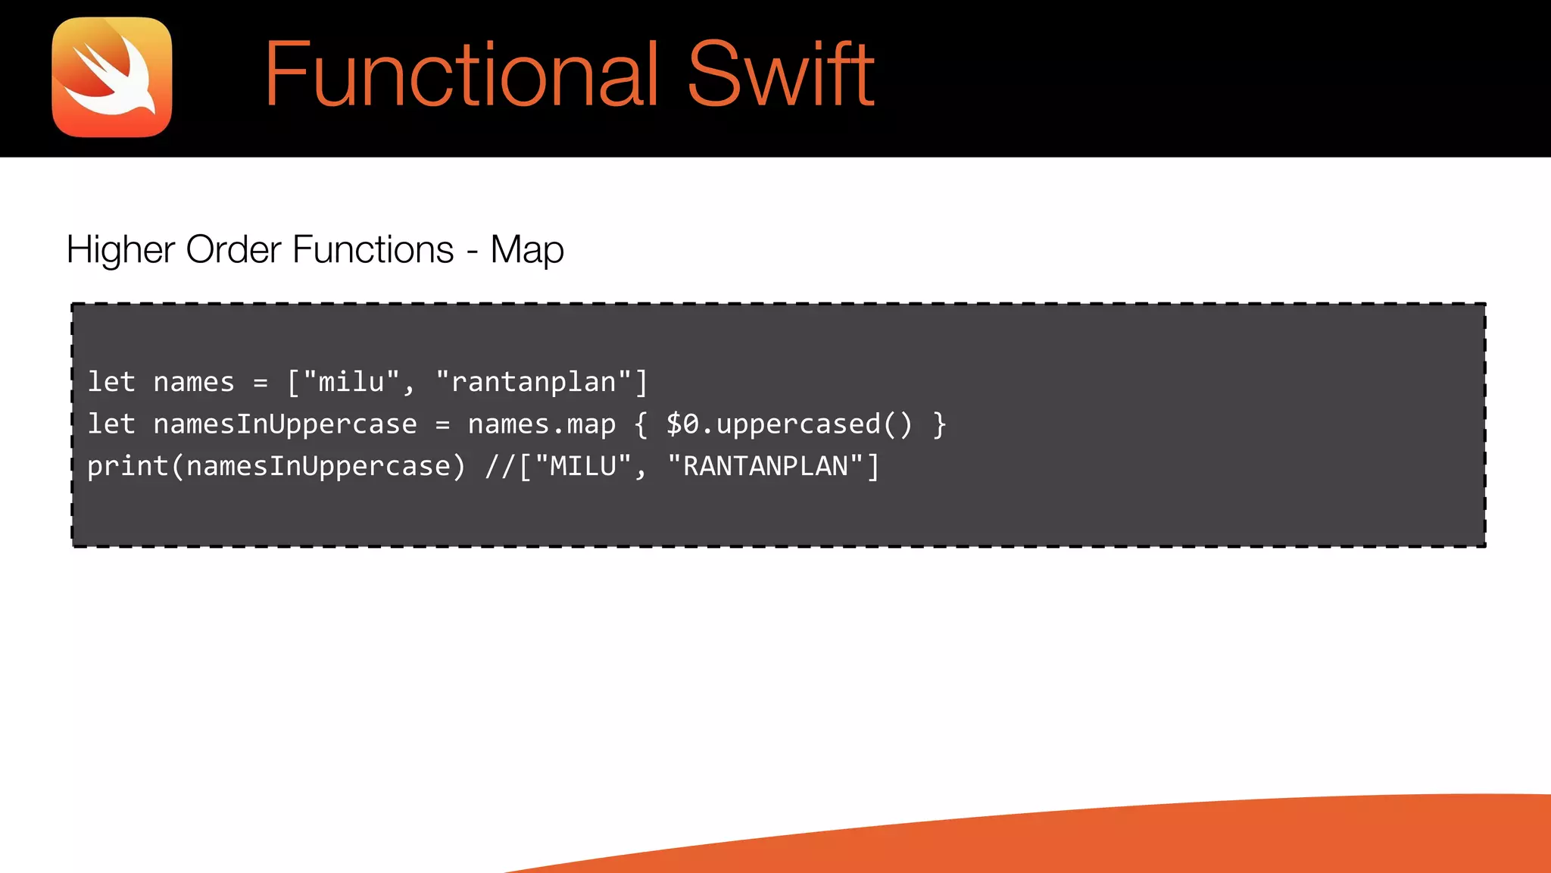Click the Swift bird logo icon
coord(112,77)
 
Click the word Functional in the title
coord(460,74)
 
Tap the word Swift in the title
coord(781,74)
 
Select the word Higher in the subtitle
coord(120,249)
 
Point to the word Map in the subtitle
coord(527,251)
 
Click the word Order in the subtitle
coord(234,249)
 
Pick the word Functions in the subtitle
coord(373,249)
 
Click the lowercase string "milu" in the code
coord(351,382)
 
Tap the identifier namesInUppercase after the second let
coord(285,424)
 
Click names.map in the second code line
coord(541,425)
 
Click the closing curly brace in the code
coord(940,425)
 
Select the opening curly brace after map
coord(641,425)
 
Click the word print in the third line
coord(127,467)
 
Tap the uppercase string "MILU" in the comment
coord(583,466)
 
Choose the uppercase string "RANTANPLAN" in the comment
coord(765,466)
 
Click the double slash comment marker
coord(500,466)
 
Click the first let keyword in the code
coord(111,382)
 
